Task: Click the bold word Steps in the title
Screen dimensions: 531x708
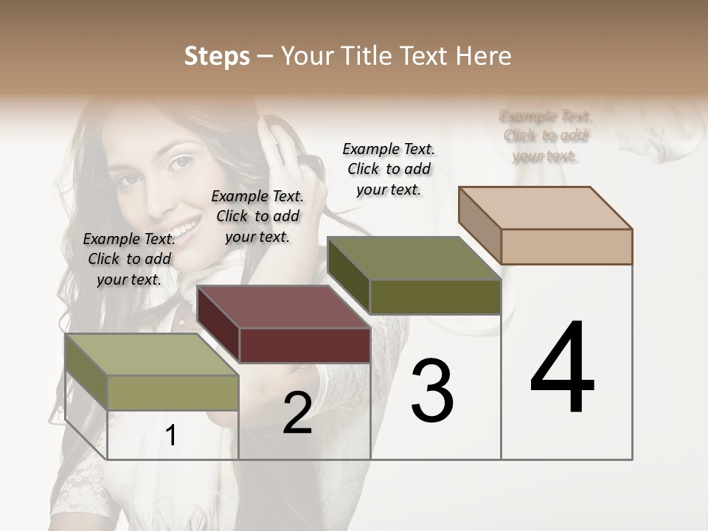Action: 217,56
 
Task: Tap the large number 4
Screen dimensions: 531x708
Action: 562,368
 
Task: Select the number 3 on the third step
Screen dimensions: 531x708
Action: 431,392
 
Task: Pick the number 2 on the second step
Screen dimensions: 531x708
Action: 297,413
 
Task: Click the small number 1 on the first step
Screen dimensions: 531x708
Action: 171,436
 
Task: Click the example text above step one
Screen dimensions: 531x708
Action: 129,259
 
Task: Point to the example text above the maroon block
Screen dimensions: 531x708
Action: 257,216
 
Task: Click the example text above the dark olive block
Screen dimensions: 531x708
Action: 389,169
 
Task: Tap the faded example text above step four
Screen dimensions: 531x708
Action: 545,136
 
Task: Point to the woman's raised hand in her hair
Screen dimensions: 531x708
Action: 284,147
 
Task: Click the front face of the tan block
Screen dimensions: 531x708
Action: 566,246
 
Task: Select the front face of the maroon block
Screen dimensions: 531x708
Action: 305,345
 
